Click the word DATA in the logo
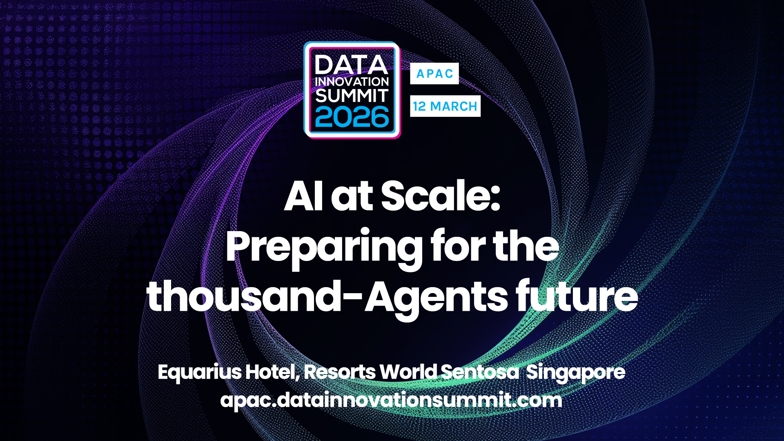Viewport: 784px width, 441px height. coord(351,65)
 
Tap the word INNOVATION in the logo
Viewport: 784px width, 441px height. coord(352,82)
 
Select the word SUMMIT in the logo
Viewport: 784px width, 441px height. coord(352,96)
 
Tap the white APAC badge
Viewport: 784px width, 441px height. coord(434,73)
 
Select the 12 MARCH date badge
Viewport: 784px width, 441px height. coord(445,106)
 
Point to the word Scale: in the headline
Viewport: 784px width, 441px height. coord(441,196)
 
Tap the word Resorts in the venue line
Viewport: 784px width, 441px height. coord(340,372)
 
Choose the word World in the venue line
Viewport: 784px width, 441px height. coord(408,372)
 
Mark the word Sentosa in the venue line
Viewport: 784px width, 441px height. coord(480,372)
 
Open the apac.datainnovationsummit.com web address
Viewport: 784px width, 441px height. coord(391,400)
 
